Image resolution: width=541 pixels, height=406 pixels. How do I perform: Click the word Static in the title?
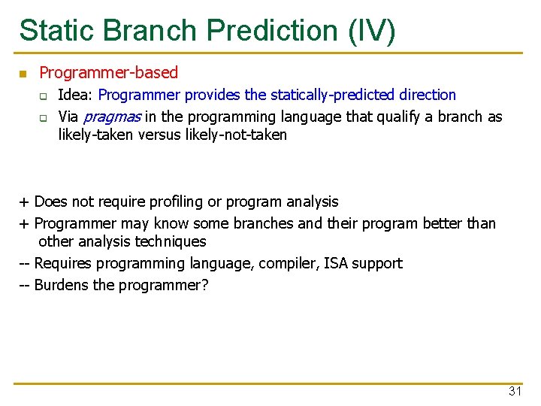pos(57,31)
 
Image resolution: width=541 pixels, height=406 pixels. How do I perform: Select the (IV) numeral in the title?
pos(370,31)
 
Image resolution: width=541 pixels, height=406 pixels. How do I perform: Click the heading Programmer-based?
pos(108,73)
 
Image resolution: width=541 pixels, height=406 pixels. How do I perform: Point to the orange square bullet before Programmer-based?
pos(23,74)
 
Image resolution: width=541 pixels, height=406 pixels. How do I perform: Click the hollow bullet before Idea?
pos(44,95)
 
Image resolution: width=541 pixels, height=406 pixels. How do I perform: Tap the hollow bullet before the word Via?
pos(44,117)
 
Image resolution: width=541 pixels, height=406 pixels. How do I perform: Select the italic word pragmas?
pos(111,117)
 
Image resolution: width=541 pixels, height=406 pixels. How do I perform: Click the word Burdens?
pos(62,285)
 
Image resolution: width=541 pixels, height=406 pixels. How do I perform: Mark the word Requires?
pos(64,263)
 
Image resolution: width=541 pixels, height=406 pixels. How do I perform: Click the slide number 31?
pos(515,391)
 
